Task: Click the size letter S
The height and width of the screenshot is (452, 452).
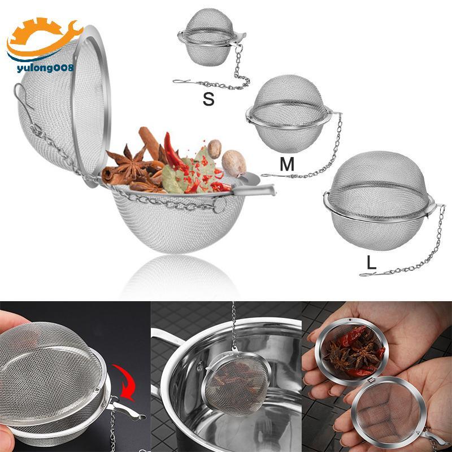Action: tap(208, 99)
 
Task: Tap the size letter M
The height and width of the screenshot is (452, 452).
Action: tap(287, 164)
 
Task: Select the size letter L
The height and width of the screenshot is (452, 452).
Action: tap(371, 263)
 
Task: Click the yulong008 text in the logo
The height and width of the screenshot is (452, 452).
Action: tap(45, 68)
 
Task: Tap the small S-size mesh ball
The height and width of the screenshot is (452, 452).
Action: tap(211, 37)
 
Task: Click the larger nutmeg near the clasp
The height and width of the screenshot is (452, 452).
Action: tap(234, 163)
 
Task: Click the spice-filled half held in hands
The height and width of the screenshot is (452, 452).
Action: tap(351, 351)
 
